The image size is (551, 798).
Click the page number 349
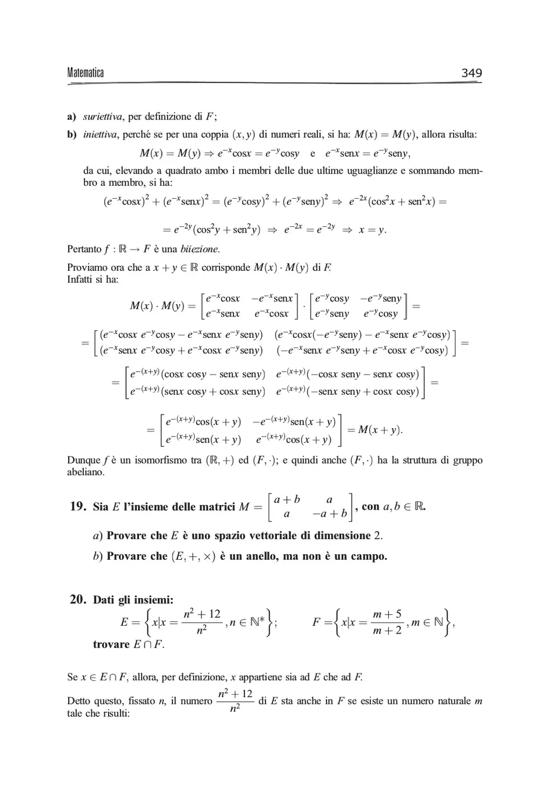[x=471, y=73]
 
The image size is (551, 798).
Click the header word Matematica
[x=85, y=73]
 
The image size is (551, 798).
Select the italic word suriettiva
[x=102, y=117]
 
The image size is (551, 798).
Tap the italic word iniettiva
[x=100, y=135]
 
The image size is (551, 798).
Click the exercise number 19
[x=78, y=506]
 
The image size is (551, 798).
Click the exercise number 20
[x=78, y=599]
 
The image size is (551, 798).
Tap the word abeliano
[x=86, y=472]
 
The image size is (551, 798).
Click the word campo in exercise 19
[x=368, y=556]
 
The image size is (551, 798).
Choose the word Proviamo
[x=87, y=268]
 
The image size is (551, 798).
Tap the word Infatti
[x=80, y=279]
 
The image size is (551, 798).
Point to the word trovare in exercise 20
[x=111, y=644]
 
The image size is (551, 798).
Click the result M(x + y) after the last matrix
[x=379, y=430]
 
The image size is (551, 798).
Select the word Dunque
[x=83, y=460]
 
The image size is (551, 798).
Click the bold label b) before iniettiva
[x=71, y=135]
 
